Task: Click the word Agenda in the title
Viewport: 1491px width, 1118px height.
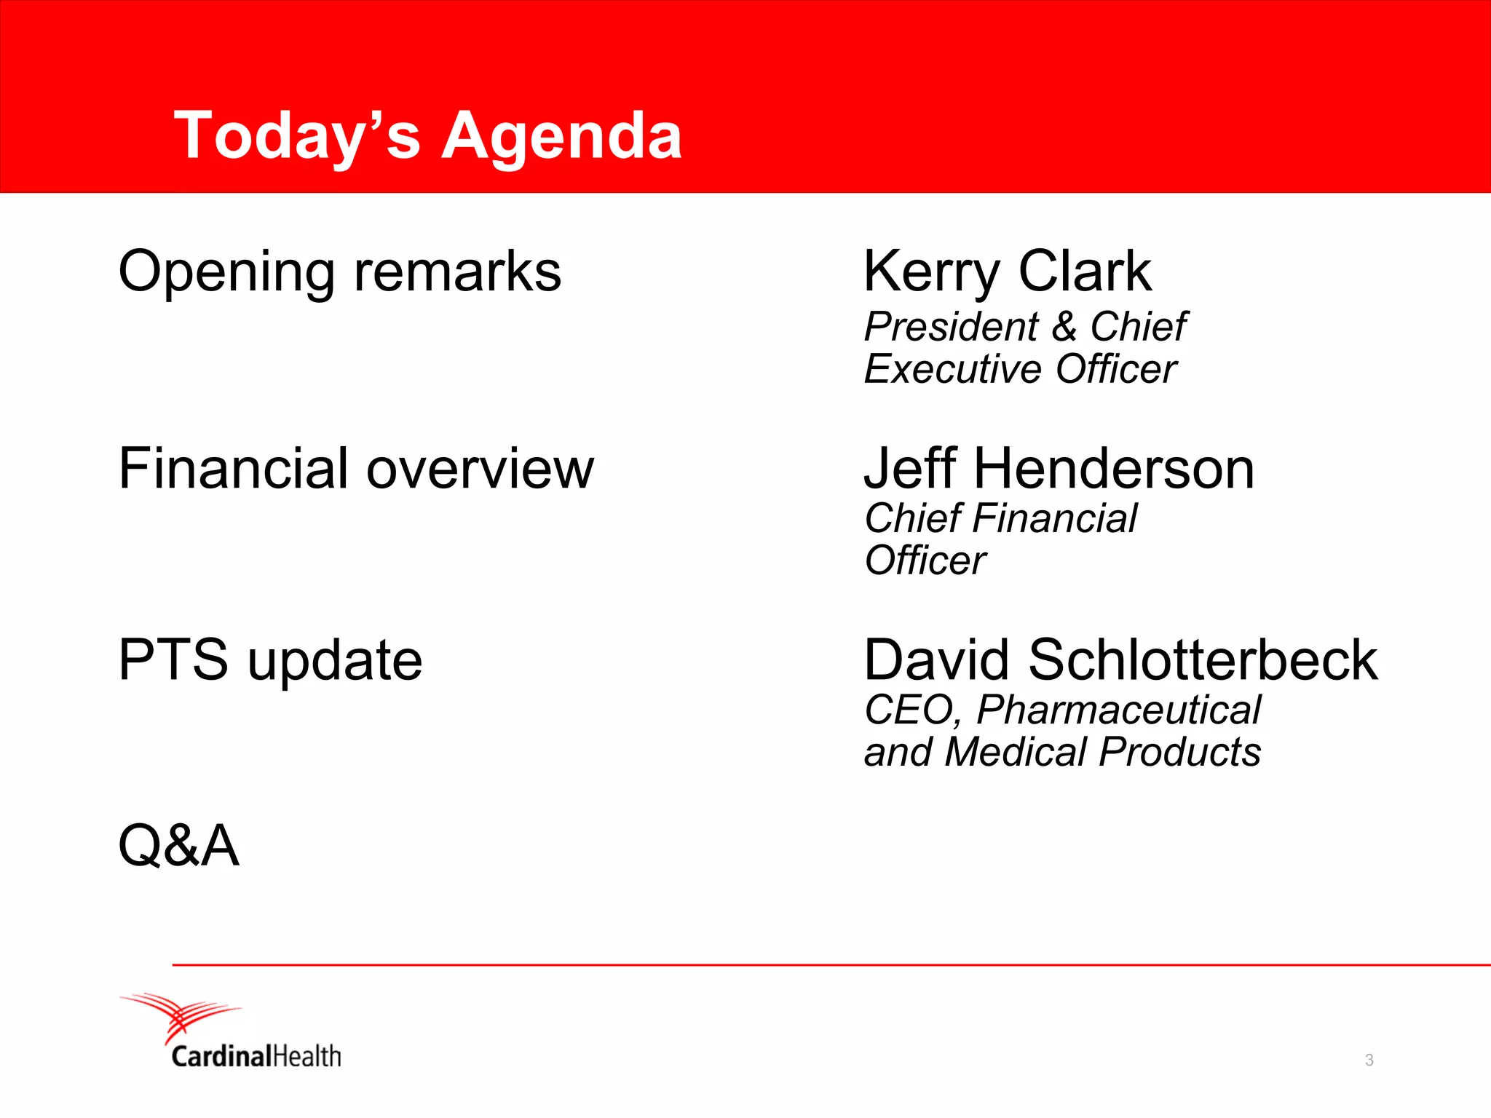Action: tap(561, 136)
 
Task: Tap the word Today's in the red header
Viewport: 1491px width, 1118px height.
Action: tap(297, 136)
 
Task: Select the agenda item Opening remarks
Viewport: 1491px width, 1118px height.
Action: tap(339, 271)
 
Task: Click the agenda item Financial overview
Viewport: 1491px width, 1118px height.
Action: tap(356, 469)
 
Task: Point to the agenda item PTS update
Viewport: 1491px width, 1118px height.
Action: tap(270, 660)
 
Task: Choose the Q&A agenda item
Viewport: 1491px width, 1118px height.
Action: tap(178, 845)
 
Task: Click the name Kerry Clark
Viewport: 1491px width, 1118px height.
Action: tap(1007, 271)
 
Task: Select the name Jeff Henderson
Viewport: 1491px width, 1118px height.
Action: tap(1059, 469)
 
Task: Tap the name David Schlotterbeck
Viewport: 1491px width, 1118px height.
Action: tap(1120, 660)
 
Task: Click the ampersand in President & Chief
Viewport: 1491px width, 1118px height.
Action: tap(1064, 327)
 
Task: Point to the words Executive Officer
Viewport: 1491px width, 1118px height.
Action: tap(1019, 369)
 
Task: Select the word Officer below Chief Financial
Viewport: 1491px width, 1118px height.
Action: tap(925, 560)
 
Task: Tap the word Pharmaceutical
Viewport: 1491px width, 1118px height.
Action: tap(1118, 710)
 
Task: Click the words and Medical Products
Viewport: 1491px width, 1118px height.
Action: tap(1062, 752)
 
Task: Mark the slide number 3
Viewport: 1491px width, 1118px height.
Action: tap(1369, 1060)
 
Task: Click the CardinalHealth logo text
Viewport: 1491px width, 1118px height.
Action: tap(256, 1056)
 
